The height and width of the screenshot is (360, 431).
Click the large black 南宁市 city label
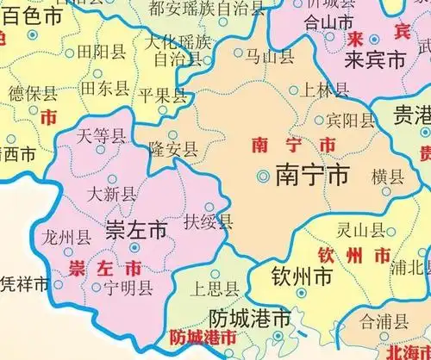click(312, 176)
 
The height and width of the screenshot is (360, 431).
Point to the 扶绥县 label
click(209, 222)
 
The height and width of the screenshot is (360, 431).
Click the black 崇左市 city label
click(135, 231)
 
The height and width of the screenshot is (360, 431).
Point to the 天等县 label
click(101, 134)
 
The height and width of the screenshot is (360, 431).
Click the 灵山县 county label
click(359, 230)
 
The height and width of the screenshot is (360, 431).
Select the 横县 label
click(386, 177)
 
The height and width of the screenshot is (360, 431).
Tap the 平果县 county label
click(163, 95)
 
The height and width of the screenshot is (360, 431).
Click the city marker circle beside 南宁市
click(263, 176)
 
